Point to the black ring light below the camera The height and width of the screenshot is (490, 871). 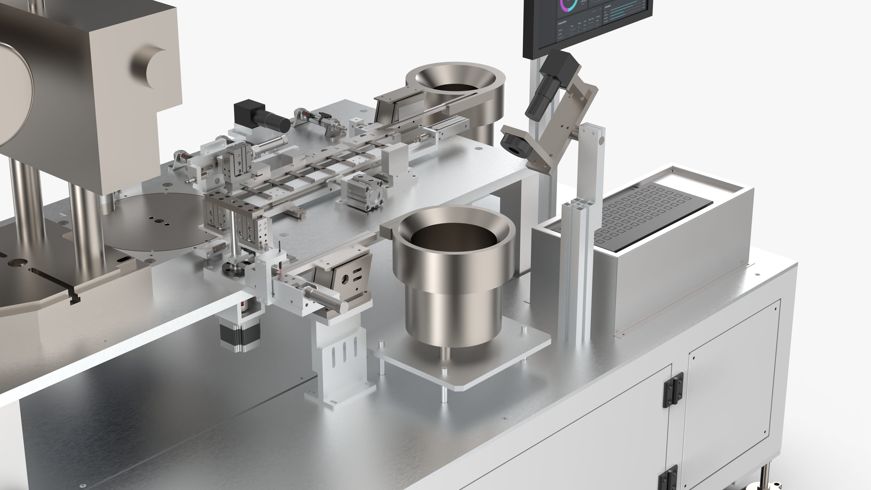point(514,144)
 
